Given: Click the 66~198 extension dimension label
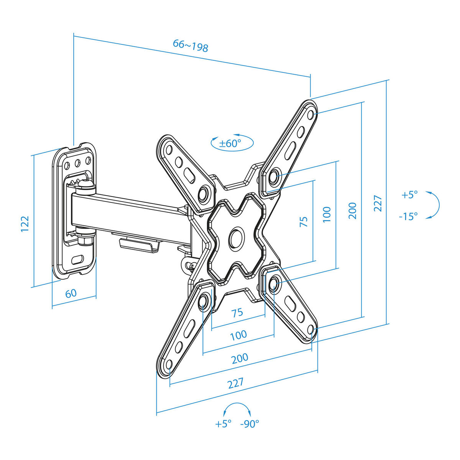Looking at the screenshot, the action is point(190,46).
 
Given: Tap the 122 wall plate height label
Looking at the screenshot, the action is point(25,223).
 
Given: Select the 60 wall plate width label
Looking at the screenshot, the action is point(71,293).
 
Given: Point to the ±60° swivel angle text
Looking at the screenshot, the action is point(230,143).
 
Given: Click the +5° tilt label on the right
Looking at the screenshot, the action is point(410,195).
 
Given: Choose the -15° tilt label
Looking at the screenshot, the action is point(408,216).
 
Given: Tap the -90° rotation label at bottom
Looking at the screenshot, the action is point(250,424).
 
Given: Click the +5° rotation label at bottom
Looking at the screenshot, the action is point(223,424).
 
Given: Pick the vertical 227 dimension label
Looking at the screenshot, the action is point(378,204).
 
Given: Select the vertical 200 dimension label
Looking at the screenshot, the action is point(352,211).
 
